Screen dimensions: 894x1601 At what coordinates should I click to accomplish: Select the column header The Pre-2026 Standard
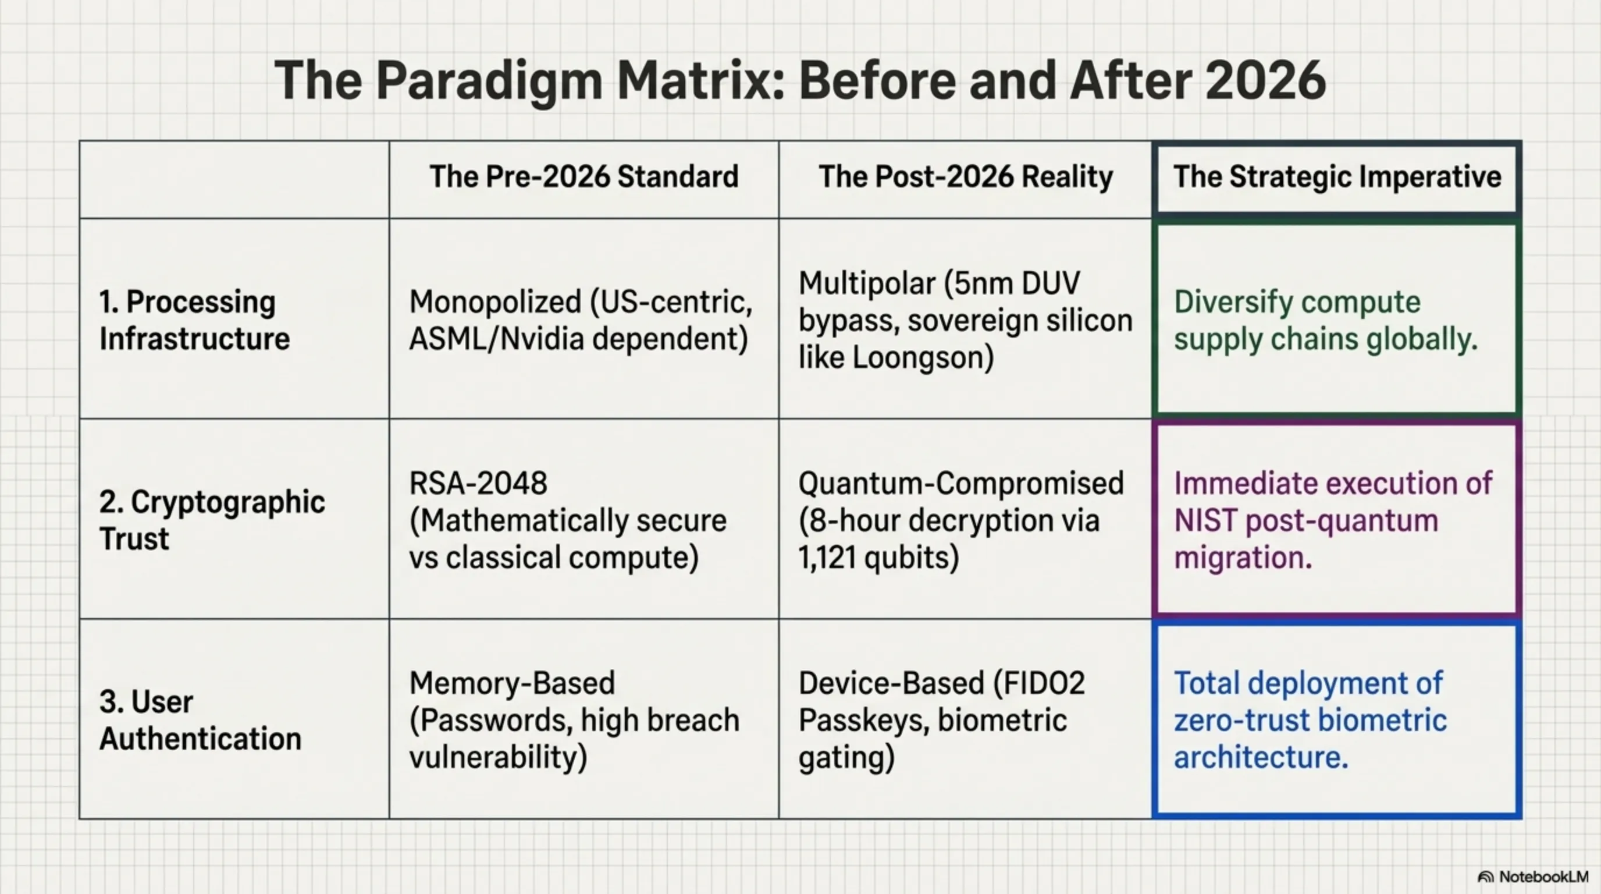pyautogui.click(x=584, y=176)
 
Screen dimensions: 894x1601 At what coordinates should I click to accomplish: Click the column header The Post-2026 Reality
pyautogui.click(x=965, y=176)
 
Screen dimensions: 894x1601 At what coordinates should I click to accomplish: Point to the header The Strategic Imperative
pyautogui.click(x=1337, y=176)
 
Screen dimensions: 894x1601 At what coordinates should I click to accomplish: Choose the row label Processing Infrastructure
pyautogui.click(x=194, y=320)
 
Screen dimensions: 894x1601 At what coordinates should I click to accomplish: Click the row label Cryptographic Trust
pyautogui.click(x=211, y=520)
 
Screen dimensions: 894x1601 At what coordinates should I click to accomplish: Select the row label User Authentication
pyautogui.click(x=200, y=720)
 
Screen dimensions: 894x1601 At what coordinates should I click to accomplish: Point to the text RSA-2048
pyautogui.click(x=478, y=483)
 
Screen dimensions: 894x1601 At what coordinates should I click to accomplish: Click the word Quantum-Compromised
pyautogui.click(x=960, y=483)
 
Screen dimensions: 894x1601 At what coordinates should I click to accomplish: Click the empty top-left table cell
pyautogui.click(x=234, y=179)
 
